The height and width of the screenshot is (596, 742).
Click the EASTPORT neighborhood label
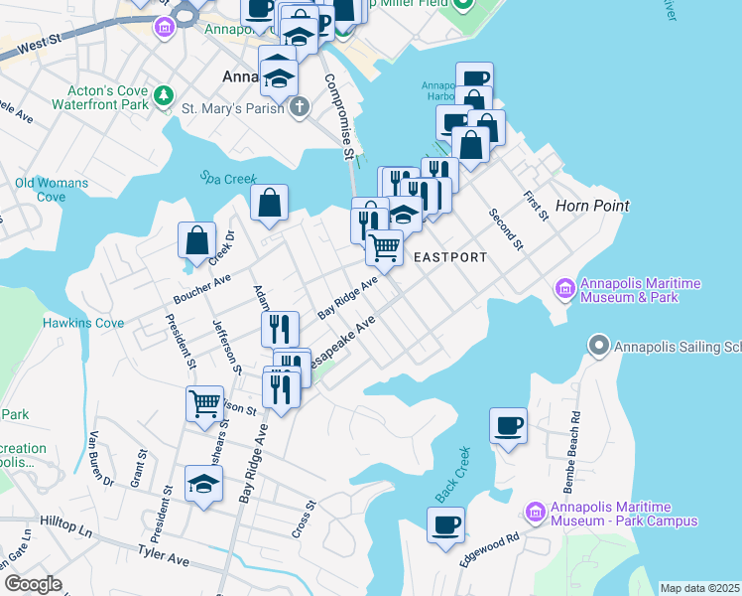[x=449, y=257]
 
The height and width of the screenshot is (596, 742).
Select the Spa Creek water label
[x=222, y=177]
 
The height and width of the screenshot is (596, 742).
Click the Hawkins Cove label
[x=83, y=323]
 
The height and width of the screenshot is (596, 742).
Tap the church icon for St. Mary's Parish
[x=299, y=106]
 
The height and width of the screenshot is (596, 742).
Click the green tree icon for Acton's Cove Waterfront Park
[x=163, y=95]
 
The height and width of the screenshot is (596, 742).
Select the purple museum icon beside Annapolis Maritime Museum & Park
[x=565, y=289]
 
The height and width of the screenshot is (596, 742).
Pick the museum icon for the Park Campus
[x=535, y=512]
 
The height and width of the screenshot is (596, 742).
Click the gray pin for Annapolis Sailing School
[x=597, y=347]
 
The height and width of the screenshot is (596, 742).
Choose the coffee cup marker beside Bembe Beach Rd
[x=508, y=425]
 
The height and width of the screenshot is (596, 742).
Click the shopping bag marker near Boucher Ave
[x=196, y=240]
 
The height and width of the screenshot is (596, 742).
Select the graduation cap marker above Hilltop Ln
[x=203, y=484]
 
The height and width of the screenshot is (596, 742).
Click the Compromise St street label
[x=338, y=118]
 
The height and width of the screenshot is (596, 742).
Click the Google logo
[x=32, y=584]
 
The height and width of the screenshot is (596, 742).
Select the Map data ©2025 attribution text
[x=699, y=588]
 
